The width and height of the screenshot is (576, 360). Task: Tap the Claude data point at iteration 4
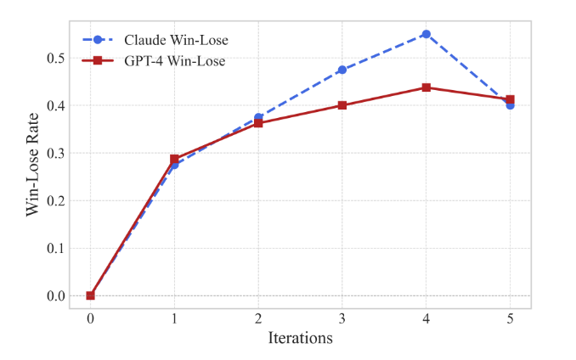[426, 34]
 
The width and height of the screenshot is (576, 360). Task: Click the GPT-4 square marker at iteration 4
[426, 87]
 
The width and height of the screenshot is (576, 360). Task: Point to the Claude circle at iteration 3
[342, 70]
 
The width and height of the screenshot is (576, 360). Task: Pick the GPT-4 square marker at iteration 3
[342, 105]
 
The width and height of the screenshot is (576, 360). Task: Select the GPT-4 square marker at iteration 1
[174, 159]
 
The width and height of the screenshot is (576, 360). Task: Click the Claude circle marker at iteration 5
[510, 105]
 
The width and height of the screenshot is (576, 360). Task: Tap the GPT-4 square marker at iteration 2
[258, 123]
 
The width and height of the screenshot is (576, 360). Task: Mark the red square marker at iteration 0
[90, 295]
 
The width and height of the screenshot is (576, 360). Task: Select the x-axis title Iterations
[300, 337]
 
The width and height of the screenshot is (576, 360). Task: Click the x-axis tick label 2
[258, 317]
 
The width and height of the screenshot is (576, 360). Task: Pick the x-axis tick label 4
[426, 317]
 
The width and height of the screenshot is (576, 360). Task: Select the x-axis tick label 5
[510, 317]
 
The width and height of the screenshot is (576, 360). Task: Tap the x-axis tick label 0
[90, 317]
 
